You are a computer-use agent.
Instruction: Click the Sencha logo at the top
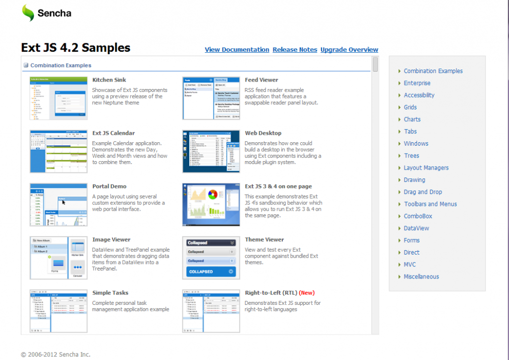tap(46, 13)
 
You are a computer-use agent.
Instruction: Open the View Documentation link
tap(237, 50)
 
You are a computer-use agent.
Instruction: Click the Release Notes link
tap(295, 50)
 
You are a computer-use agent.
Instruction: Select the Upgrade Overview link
tap(349, 50)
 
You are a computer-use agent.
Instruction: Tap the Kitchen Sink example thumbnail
tap(59, 98)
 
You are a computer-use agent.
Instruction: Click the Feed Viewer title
tap(261, 80)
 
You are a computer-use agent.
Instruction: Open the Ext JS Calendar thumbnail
tap(59, 151)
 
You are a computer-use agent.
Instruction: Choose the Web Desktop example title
tap(263, 133)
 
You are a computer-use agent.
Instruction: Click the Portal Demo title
tap(109, 186)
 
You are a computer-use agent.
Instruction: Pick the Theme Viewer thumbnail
tap(211, 258)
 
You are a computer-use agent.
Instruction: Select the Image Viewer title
tap(111, 240)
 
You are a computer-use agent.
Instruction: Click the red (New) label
tap(307, 293)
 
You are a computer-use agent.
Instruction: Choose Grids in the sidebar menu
tap(410, 107)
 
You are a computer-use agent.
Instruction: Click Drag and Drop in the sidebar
tap(423, 192)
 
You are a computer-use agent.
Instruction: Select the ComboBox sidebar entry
tap(418, 216)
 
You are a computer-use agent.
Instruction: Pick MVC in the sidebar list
tap(410, 265)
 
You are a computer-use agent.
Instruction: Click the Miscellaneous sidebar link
tap(421, 276)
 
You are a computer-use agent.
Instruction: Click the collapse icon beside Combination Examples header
tap(26, 65)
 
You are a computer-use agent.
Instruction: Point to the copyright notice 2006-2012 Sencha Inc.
tap(56, 355)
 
